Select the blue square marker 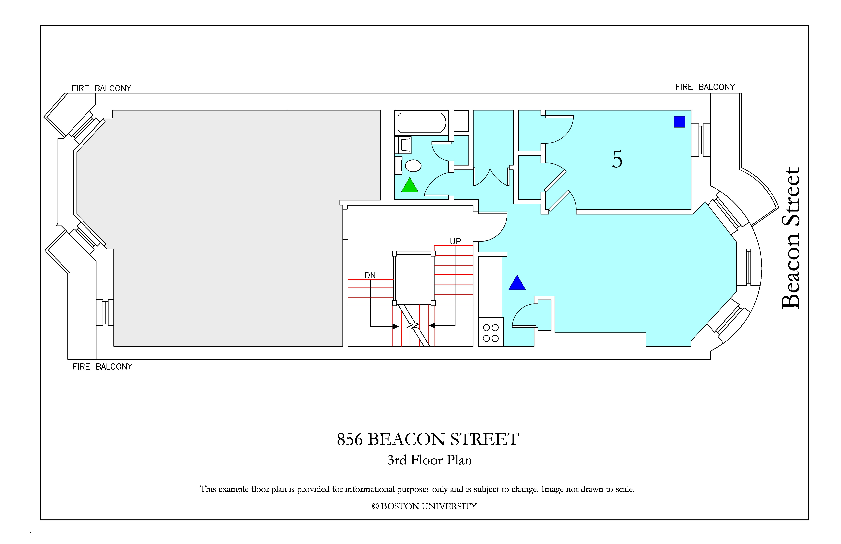(679, 121)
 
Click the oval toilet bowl (413, 166)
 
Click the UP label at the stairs (455, 241)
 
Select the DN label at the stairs (370, 275)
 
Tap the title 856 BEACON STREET (428, 439)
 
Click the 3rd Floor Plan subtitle (430, 460)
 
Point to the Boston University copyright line (424, 506)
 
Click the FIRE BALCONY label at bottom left (102, 367)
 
